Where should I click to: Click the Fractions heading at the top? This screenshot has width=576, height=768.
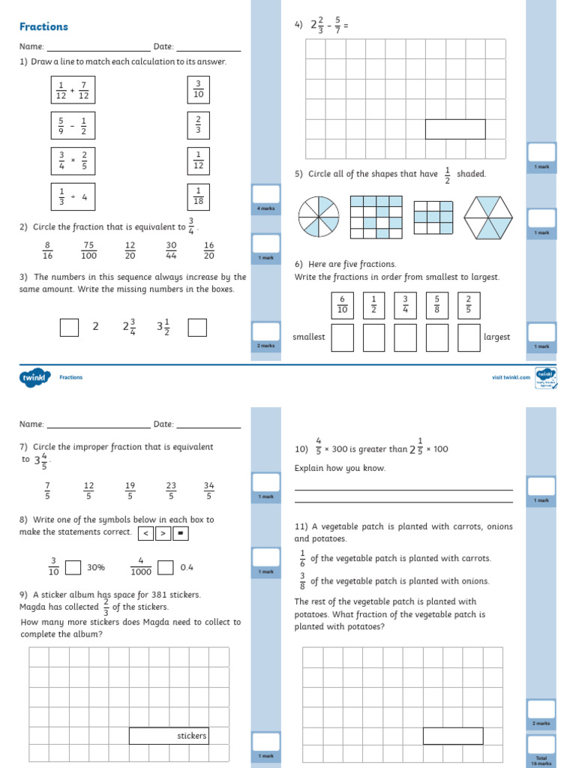(43, 27)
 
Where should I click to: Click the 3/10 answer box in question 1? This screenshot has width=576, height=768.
(199, 89)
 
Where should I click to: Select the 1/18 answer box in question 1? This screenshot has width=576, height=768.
(199, 196)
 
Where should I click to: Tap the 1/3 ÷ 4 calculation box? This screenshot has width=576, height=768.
(73, 196)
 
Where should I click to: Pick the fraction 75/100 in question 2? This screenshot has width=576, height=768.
(88, 250)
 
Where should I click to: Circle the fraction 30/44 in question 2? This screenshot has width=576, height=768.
(171, 250)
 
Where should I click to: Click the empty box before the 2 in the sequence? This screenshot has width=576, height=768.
(69, 328)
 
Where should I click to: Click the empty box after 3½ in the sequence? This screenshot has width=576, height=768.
(197, 328)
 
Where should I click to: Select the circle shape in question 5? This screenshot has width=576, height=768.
(319, 217)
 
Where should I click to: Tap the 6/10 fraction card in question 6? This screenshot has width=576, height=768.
(342, 304)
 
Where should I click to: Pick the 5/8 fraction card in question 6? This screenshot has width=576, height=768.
(436, 304)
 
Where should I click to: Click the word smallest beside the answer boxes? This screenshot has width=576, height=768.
(309, 337)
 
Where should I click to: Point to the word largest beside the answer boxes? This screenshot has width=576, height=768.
(496, 337)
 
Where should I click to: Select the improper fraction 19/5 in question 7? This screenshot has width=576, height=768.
(130, 490)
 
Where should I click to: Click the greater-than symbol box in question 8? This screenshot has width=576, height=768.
(163, 533)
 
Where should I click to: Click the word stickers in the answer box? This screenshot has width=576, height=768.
(191, 736)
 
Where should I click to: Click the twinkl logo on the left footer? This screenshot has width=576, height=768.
(34, 377)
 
